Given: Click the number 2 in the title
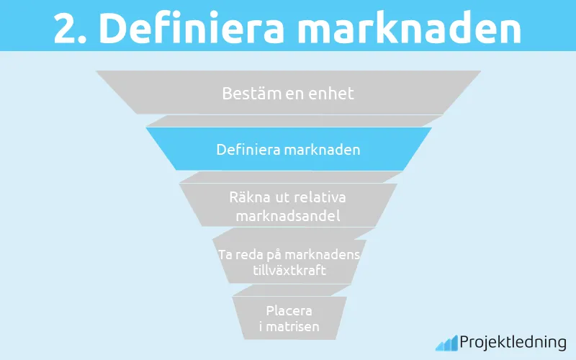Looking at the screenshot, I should (x=67, y=28).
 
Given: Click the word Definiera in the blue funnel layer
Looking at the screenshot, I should (x=248, y=150).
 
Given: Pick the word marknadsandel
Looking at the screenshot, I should (x=288, y=214).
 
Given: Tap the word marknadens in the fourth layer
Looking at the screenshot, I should (x=324, y=256).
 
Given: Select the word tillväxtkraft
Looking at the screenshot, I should (x=288, y=271).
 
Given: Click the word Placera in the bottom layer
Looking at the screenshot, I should (x=289, y=311).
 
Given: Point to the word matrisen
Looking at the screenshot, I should (x=292, y=327).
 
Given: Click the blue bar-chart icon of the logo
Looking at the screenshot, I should (x=446, y=343).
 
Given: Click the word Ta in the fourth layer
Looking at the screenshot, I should (x=225, y=256).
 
